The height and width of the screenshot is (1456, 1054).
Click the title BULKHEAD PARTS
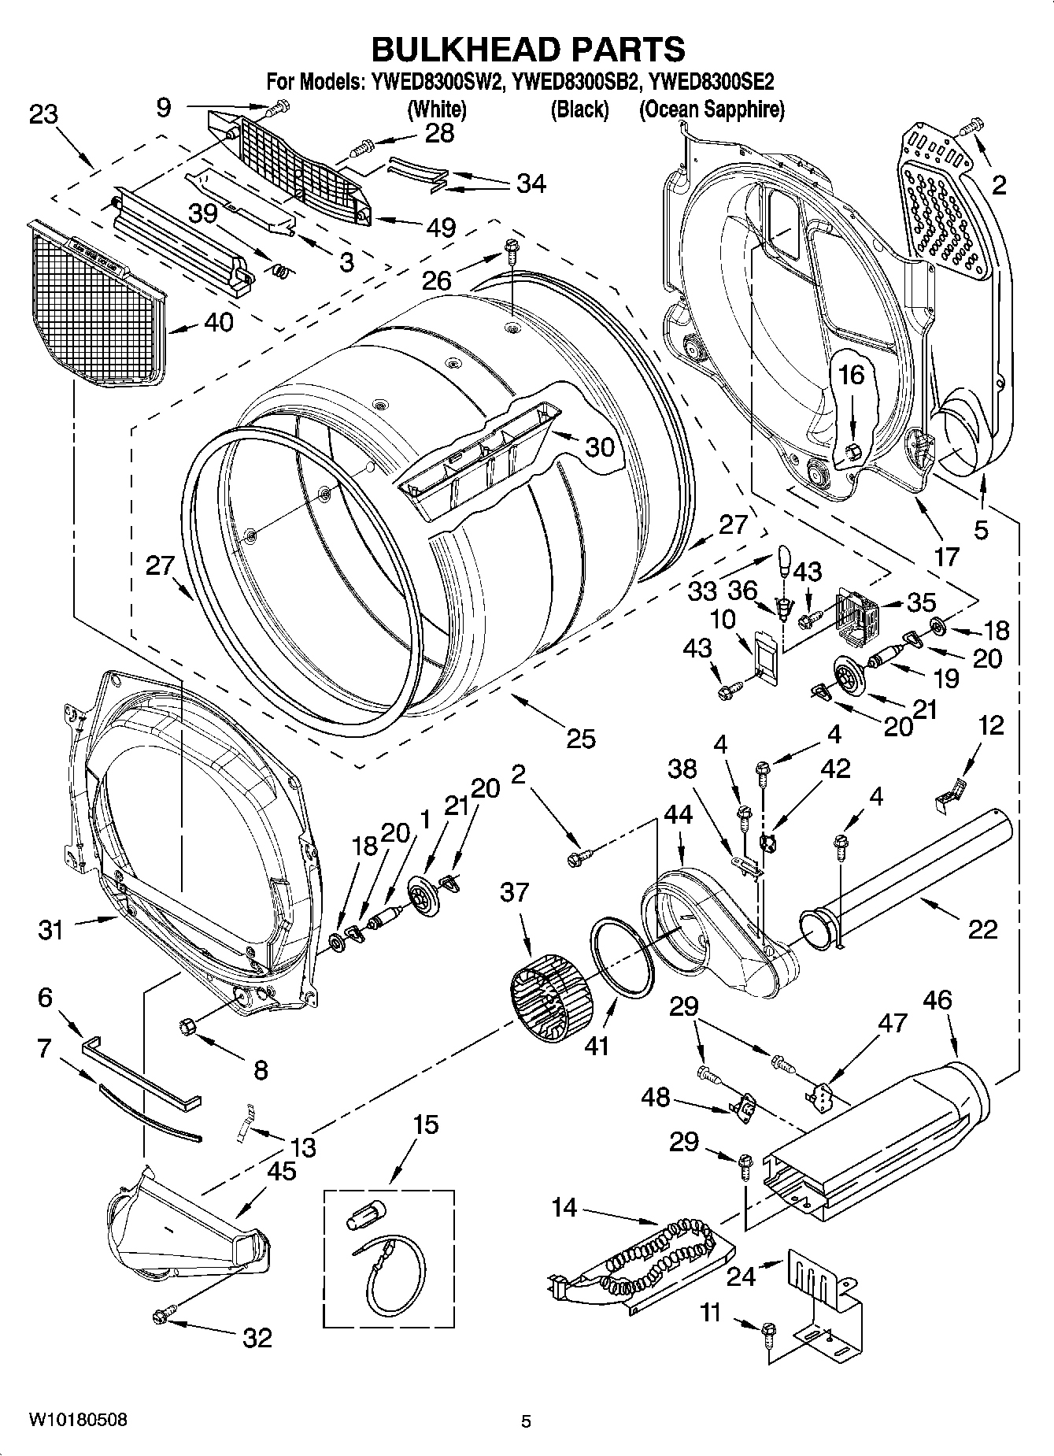pyautogui.click(x=527, y=49)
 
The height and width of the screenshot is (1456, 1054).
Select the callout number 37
pyautogui.click(x=516, y=892)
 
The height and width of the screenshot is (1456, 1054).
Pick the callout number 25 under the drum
pyautogui.click(x=581, y=738)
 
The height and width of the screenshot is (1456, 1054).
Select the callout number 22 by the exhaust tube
pyautogui.click(x=982, y=929)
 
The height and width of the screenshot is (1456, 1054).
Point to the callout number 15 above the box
pyautogui.click(x=425, y=1124)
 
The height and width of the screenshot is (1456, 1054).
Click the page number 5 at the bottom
pyautogui.click(x=526, y=1421)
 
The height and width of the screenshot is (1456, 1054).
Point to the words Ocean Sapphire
pyautogui.click(x=712, y=109)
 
